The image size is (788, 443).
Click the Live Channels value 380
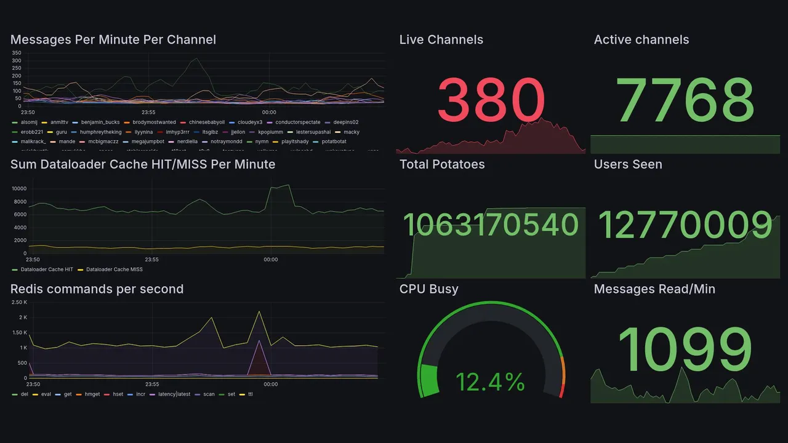coord(491,100)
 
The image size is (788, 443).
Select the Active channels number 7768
coord(685,100)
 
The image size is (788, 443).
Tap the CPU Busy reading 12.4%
coord(490,382)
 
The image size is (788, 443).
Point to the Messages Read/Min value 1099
coord(685,349)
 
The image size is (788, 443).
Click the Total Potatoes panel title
coord(442,164)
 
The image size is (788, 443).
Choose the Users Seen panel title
coord(628,164)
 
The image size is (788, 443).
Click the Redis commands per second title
coord(97,289)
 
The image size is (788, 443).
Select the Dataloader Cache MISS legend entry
coord(114,269)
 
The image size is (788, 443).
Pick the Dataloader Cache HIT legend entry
coord(47,269)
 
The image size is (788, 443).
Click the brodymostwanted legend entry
coord(154,122)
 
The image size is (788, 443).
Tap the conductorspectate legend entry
coord(297,122)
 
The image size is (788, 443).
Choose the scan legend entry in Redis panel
coord(209,394)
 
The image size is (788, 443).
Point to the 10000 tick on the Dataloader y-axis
coord(18,189)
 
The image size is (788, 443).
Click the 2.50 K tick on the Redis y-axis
coord(19,302)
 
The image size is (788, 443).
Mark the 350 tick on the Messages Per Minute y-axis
coord(17,53)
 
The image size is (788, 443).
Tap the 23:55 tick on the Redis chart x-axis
coord(151,384)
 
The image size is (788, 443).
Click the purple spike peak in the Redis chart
coord(259,340)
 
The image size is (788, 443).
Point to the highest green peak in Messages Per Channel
coord(196,58)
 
